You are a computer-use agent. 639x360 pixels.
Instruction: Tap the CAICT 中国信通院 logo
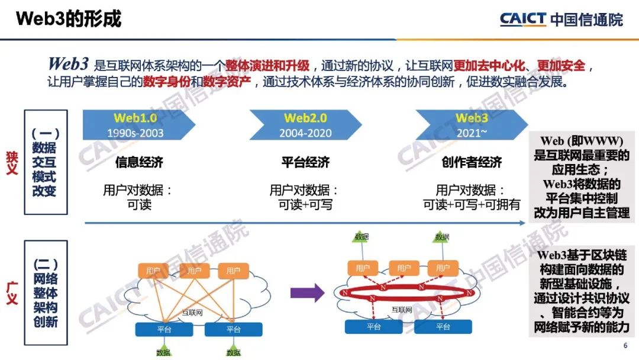click(x=561, y=19)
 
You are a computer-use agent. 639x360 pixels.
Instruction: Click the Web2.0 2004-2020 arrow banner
click(x=305, y=125)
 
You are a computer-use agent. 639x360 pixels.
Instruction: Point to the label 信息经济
click(x=139, y=162)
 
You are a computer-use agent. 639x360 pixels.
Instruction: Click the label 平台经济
click(x=305, y=162)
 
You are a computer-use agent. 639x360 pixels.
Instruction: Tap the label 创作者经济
click(x=472, y=162)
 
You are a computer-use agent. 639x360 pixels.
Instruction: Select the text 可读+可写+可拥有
click(x=472, y=205)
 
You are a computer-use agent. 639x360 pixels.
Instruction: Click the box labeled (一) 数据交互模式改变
click(x=46, y=162)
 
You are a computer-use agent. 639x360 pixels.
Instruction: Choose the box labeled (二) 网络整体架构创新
click(x=46, y=292)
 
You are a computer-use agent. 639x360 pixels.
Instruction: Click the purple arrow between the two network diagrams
click(x=308, y=292)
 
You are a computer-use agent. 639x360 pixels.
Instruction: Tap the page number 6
click(x=625, y=346)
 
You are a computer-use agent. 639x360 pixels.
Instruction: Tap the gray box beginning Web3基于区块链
click(x=582, y=290)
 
